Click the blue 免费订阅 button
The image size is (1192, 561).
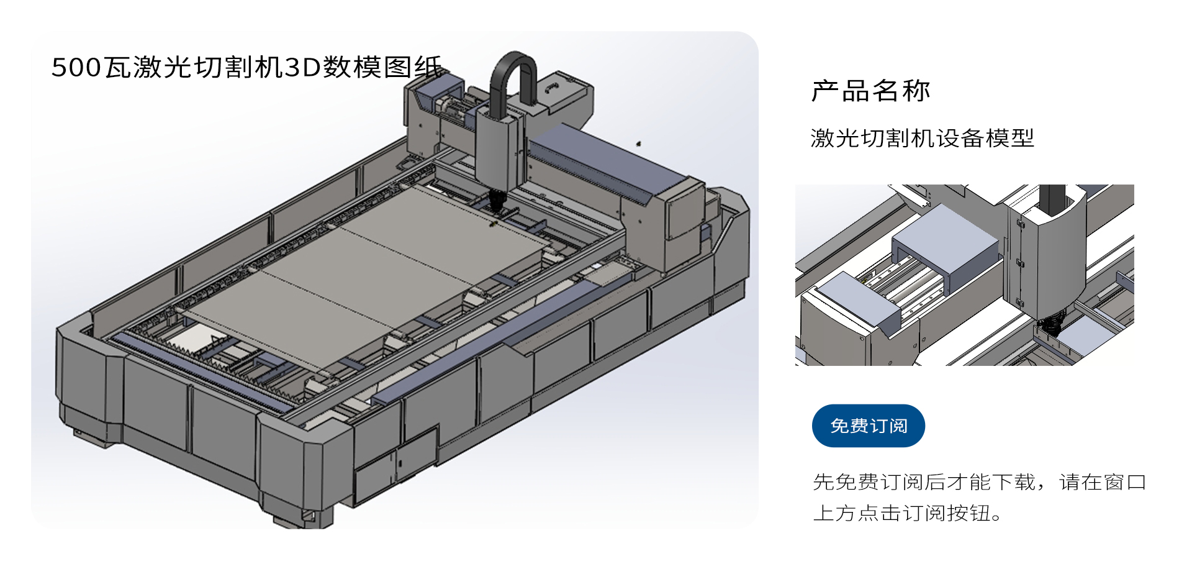(x=868, y=426)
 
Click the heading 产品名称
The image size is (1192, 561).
(x=870, y=91)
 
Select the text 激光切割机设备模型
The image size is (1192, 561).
(x=922, y=138)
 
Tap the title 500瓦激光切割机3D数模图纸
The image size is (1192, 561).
(x=246, y=67)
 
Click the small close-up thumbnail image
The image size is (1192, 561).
(x=964, y=275)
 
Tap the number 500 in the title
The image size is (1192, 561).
(x=76, y=67)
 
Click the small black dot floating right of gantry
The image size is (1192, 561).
(x=638, y=144)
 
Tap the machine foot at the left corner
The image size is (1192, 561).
(x=87, y=435)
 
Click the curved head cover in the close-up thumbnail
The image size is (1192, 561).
(x=1055, y=255)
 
